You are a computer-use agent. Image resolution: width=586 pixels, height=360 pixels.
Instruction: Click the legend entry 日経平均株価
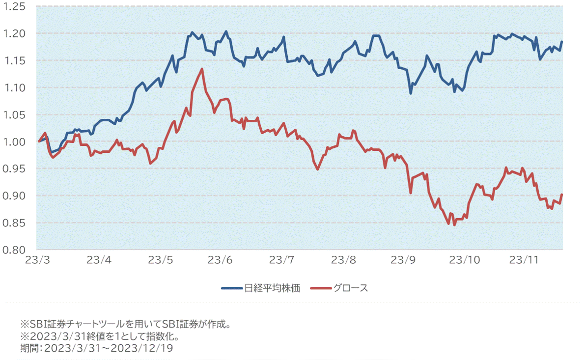click(x=272, y=288)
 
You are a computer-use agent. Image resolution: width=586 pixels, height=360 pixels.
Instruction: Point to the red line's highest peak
click(x=202, y=69)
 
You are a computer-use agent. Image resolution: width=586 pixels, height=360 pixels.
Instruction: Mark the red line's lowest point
click(x=454, y=225)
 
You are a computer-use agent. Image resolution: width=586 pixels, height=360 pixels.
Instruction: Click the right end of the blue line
click(x=562, y=42)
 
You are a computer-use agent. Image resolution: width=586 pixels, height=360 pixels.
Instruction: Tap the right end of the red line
click(x=562, y=194)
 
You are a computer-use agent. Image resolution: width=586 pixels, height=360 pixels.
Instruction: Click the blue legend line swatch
click(x=232, y=288)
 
